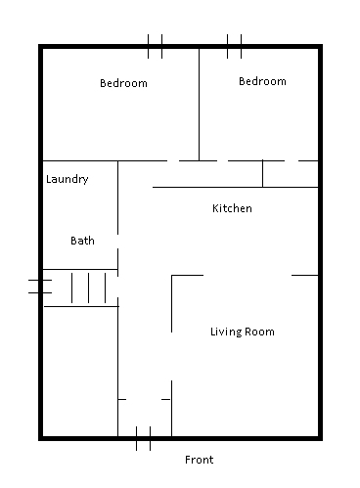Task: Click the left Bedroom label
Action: (123, 83)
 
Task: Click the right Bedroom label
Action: (262, 81)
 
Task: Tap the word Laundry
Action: (67, 179)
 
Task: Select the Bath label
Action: (82, 241)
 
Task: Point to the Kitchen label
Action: (232, 208)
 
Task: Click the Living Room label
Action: (243, 332)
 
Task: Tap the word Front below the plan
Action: (199, 460)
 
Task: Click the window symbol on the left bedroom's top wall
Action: (155, 47)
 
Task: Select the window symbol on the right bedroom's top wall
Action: (234, 47)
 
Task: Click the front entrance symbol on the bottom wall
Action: (143, 438)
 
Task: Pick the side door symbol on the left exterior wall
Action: (40, 287)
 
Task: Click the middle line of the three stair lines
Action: (88, 288)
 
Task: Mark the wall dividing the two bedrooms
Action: (199, 105)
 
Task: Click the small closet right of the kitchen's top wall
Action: (291, 174)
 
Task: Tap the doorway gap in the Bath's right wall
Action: (117, 242)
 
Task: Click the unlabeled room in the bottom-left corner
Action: (80, 371)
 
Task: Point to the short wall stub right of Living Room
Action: (305, 276)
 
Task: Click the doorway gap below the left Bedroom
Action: (173, 160)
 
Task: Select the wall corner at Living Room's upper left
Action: (172, 276)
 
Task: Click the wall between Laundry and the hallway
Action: (117, 198)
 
